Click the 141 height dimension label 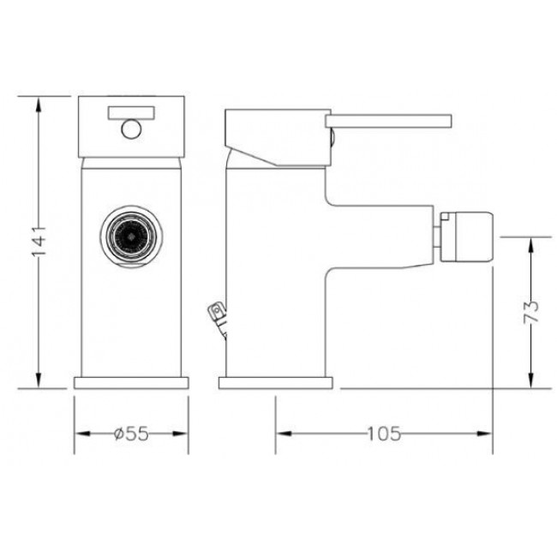click(39, 241)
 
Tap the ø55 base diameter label click(131, 434)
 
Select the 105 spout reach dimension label click(384, 434)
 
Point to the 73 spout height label click(531, 312)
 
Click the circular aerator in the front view click(131, 236)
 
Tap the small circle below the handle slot click(131, 129)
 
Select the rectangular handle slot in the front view click(131, 112)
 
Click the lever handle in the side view click(388, 121)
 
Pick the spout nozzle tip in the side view click(467, 237)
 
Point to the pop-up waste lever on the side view click(219, 317)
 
